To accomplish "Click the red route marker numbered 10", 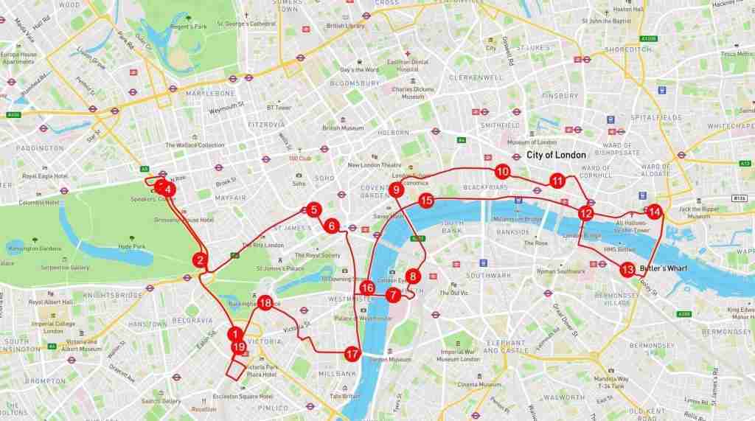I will [502, 172].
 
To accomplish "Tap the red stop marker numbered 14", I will [655, 212].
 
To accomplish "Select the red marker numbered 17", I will [352, 354].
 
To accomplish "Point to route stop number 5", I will [313, 210].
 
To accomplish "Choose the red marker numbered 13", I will [627, 269].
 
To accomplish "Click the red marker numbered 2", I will [199, 260].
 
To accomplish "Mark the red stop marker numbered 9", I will [397, 190].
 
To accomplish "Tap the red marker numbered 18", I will [265, 302].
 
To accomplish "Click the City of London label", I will [556, 155].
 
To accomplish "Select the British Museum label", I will [343, 128].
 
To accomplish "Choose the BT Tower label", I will [279, 107].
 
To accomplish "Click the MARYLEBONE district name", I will [211, 94].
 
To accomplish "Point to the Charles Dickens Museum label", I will [408, 93].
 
